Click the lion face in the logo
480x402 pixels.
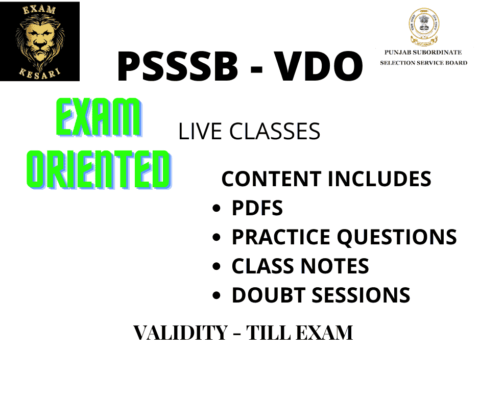[x=40, y=41]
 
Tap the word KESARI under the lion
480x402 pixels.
[x=40, y=74]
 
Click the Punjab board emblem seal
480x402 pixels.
[x=424, y=27]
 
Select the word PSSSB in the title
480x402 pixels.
[x=178, y=66]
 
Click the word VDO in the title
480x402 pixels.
[x=318, y=66]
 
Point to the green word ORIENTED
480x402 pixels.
[x=99, y=169]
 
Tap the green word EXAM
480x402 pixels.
[x=99, y=117]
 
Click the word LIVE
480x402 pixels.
[x=200, y=132]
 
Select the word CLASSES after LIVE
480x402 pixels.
[x=275, y=132]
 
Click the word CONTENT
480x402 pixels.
[x=272, y=179]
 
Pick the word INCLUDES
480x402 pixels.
[x=379, y=179]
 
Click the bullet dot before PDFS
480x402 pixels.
[x=217, y=208]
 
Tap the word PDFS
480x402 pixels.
[x=257, y=208]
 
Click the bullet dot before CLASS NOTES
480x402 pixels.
[x=217, y=266]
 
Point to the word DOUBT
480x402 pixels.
[x=269, y=295]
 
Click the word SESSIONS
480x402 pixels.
[x=361, y=295]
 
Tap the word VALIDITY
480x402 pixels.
[x=181, y=333]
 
